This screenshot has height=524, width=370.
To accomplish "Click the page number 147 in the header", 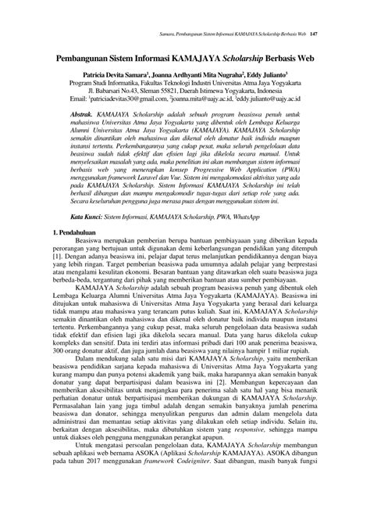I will pos(312,34).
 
